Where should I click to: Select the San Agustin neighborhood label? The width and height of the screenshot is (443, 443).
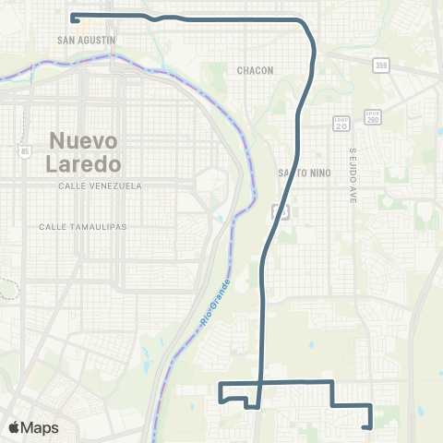click(86, 41)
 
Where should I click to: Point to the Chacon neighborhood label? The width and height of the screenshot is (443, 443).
click(255, 70)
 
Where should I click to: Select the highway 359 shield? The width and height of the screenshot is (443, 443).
click(381, 65)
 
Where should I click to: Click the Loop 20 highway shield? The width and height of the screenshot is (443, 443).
click(341, 121)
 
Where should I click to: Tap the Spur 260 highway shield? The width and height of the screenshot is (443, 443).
click(372, 116)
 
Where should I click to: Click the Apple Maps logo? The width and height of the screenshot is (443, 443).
click(33, 428)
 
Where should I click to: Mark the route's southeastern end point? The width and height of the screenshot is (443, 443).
click(368, 426)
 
